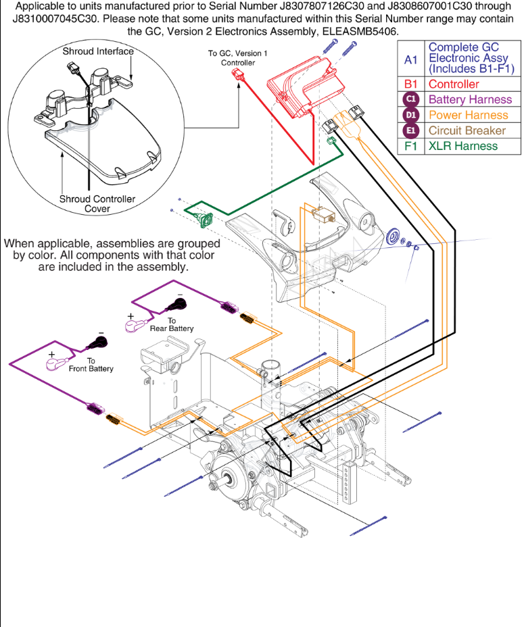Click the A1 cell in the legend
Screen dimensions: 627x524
coord(411,59)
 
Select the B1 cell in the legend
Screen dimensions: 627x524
coord(411,84)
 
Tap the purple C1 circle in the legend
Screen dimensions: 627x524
coord(411,99)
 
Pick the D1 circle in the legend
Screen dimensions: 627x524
coord(411,115)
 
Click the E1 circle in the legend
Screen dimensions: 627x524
coord(411,130)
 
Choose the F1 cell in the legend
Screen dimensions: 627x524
coord(411,146)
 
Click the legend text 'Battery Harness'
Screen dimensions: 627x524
coord(471,99)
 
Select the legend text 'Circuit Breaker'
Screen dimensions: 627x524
coord(467,130)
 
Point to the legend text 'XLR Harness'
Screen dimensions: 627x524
coord(463,146)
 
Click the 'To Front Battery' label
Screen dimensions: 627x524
coord(91,365)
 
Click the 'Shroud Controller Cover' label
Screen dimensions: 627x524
coord(97,203)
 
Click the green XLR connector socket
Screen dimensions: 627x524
coord(201,218)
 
